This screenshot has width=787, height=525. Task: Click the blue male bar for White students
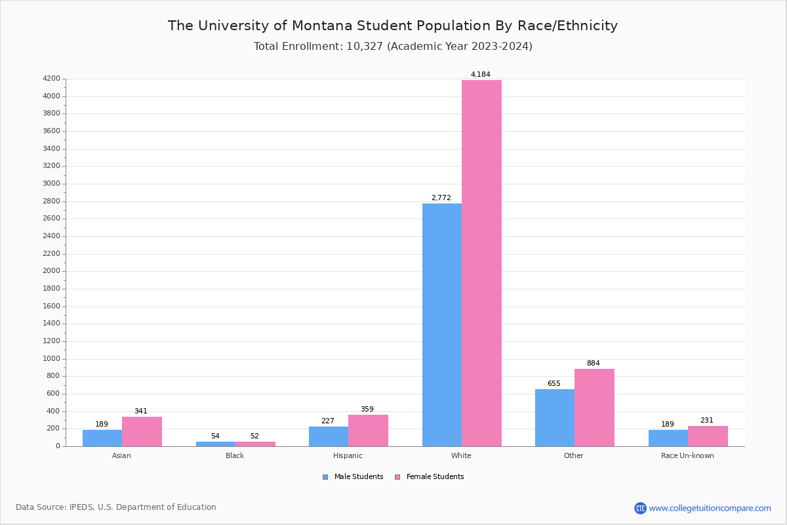(x=441, y=325)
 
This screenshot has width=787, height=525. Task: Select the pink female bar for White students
(x=481, y=263)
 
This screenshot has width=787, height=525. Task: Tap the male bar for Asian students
(x=102, y=438)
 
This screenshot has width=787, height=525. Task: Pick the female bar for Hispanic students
(x=368, y=430)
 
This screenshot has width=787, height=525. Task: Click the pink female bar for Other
(x=594, y=408)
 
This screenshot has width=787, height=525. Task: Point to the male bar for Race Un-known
(x=668, y=438)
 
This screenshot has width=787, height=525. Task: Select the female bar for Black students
(x=255, y=444)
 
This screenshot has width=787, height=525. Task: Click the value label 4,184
(x=480, y=75)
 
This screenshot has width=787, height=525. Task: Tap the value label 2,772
(x=441, y=198)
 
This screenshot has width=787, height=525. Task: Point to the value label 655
(x=554, y=384)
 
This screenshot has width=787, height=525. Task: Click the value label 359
(x=367, y=409)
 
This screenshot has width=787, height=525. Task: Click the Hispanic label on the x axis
(x=348, y=455)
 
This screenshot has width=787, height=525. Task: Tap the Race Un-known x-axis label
(x=687, y=455)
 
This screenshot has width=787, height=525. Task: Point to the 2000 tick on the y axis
(x=51, y=271)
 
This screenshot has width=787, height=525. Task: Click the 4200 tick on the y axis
(x=51, y=79)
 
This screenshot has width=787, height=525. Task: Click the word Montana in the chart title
(x=322, y=26)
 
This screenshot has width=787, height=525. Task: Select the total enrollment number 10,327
(x=365, y=47)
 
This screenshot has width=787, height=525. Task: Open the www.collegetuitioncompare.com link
(x=710, y=508)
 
